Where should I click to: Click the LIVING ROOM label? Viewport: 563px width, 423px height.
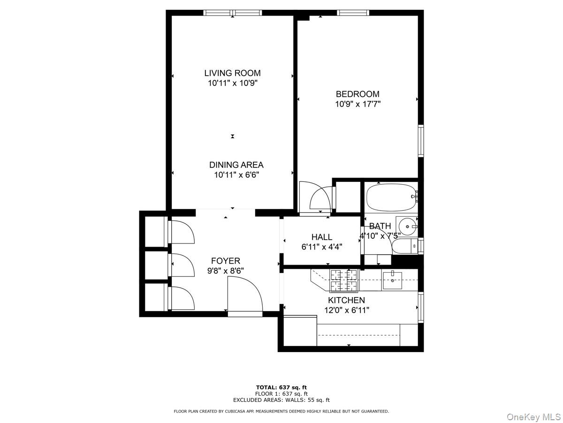(232, 73)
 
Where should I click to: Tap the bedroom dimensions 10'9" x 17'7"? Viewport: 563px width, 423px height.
(358, 104)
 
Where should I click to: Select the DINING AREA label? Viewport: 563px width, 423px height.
(236, 165)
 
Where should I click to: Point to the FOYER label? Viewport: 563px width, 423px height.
(225, 261)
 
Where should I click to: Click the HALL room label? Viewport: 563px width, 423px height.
(322, 237)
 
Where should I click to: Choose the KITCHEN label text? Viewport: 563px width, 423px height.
(346, 300)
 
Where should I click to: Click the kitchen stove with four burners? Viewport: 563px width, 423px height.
(344, 280)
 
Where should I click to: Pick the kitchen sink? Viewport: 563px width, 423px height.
(392, 280)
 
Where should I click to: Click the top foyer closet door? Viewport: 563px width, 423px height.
(182, 231)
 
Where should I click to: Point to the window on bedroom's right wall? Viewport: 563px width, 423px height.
(421, 141)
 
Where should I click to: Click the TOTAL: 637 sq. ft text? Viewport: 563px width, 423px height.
(281, 387)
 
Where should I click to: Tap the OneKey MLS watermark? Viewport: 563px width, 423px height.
(532, 416)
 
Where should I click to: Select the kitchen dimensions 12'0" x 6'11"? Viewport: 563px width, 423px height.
(347, 310)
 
